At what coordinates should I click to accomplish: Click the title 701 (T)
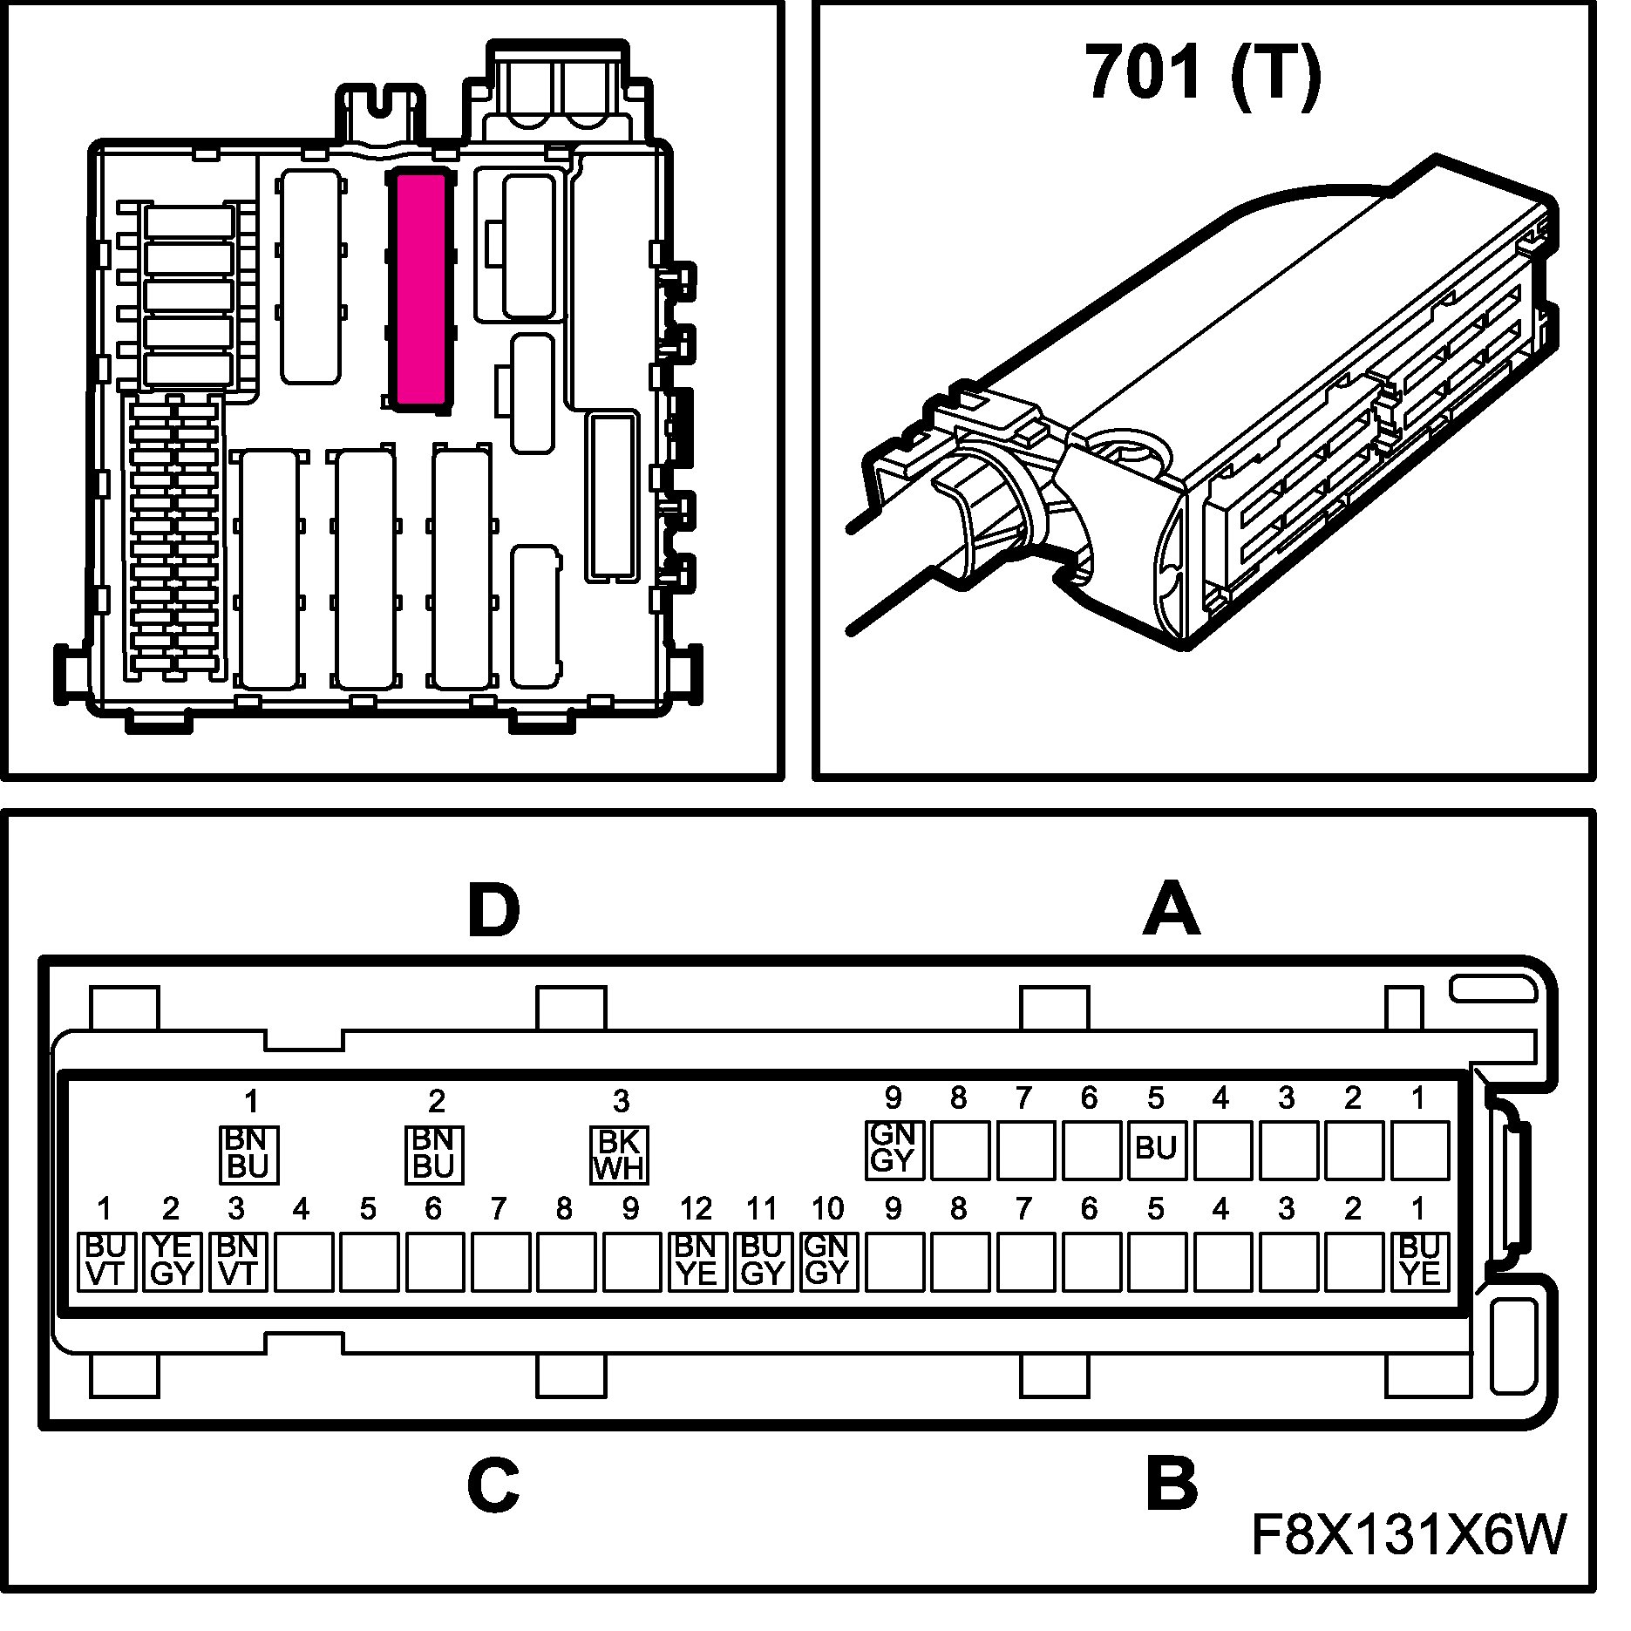[1204, 73]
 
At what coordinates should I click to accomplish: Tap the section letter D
[493, 912]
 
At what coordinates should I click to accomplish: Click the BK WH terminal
[620, 1155]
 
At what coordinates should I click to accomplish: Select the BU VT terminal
[107, 1261]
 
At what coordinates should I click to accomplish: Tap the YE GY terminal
[173, 1261]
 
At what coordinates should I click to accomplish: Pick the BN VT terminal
[238, 1261]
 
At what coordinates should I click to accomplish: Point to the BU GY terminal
[763, 1261]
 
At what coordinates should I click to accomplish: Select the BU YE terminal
[1420, 1261]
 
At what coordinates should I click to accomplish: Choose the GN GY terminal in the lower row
[828, 1261]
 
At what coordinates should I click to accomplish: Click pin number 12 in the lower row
[697, 1209]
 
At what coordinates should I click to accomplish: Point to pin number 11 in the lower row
[762, 1209]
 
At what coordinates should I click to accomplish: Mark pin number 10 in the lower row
[828, 1209]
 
